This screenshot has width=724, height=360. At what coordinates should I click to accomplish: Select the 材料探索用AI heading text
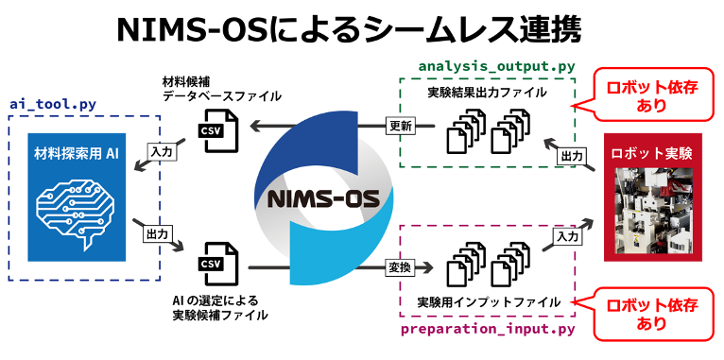pos(77,153)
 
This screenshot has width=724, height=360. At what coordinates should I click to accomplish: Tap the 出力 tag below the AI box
pos(157,232)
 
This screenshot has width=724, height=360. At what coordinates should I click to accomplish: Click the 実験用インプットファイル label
pos(489,302)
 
